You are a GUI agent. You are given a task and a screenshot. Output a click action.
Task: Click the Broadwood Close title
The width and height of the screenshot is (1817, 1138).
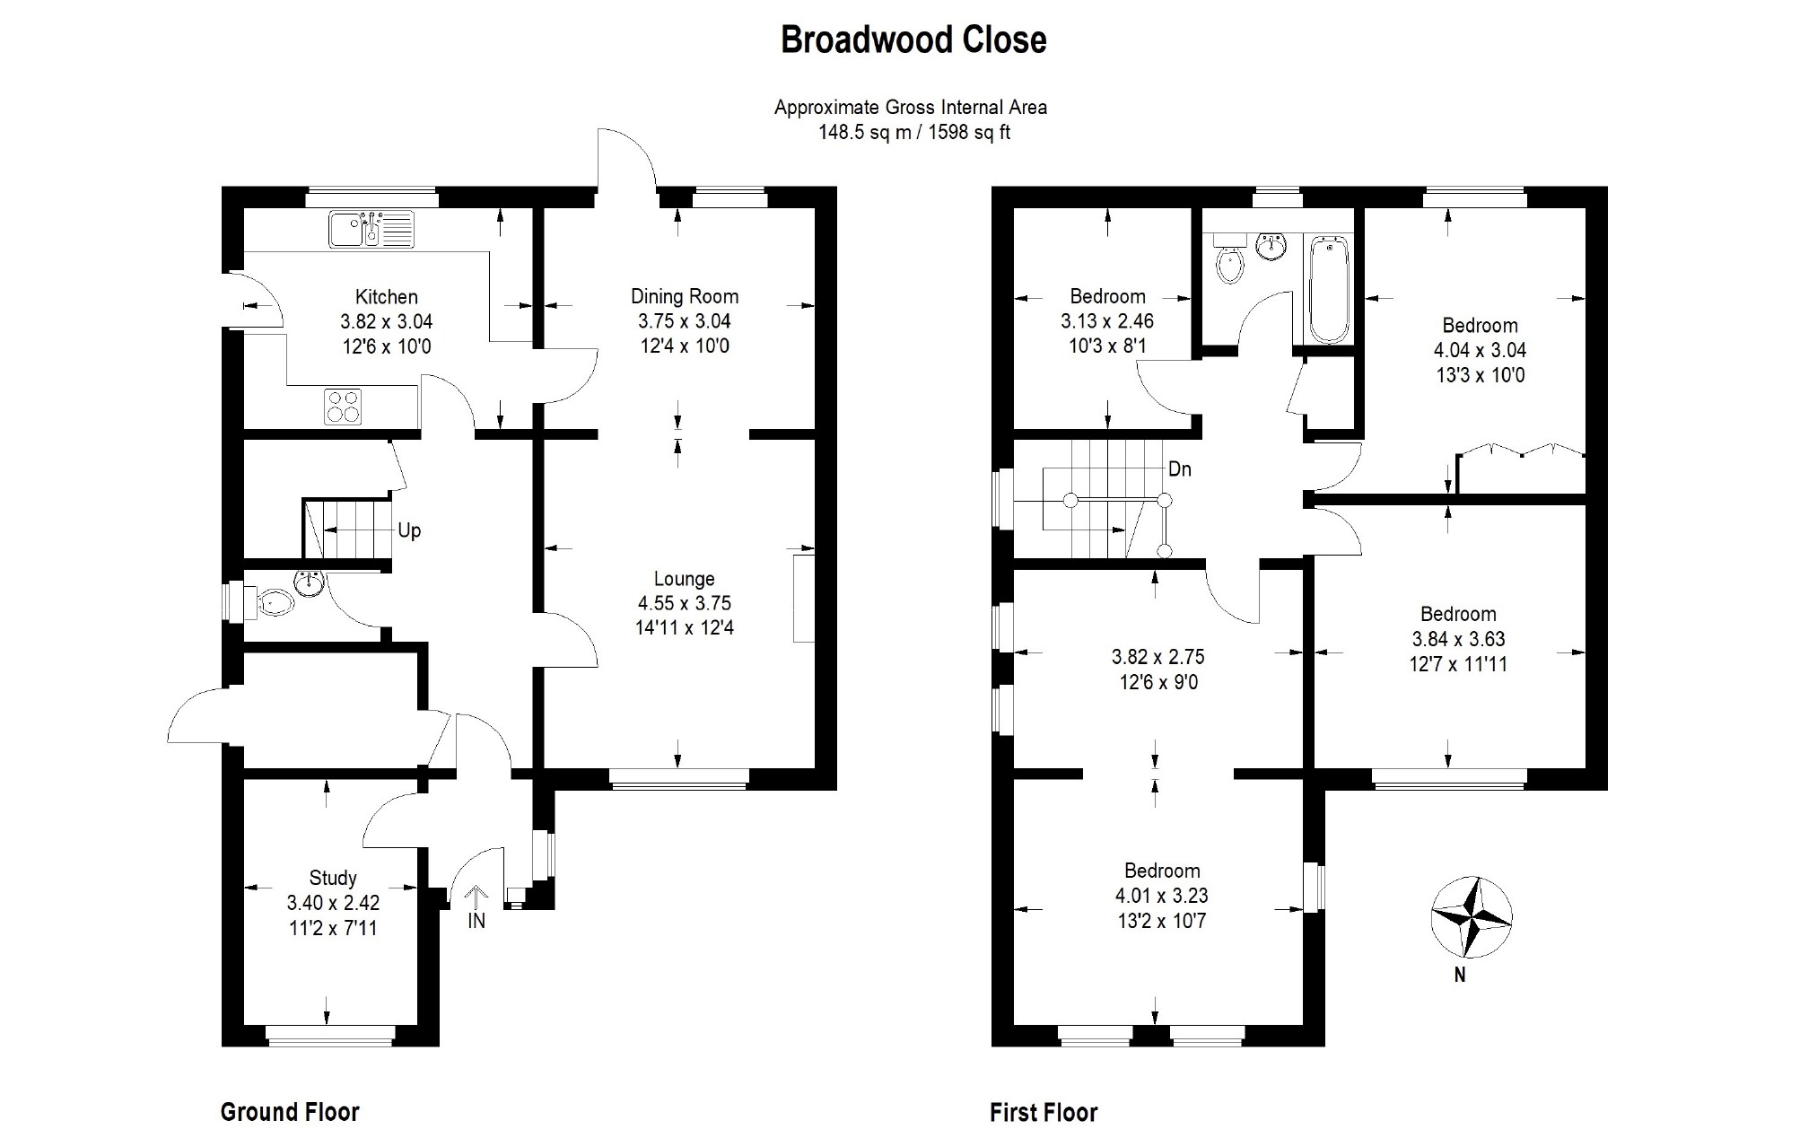pyautogui.click(x=913, y=40)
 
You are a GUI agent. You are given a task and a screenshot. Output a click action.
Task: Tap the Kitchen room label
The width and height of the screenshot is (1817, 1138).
pyautogui.click(x=386, y=297)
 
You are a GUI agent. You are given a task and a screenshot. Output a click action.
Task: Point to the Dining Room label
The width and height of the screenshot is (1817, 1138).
pyautogui.click(x=685, y=296)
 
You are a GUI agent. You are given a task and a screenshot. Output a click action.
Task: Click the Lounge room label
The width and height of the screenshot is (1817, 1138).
pyautogui.click(x=684, y=579)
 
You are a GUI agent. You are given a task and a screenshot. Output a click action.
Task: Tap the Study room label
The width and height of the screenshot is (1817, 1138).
pyautogui.click(x=333, y=878)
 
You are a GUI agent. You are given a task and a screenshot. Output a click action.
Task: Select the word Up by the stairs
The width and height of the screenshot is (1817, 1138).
pyautogui.click(x=409, y=530)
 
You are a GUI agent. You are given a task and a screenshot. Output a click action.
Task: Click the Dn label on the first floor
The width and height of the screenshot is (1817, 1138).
pyautogui.click(x=1180, y=469)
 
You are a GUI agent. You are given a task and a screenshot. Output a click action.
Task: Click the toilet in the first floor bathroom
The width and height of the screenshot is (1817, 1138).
pyautogui.click(x=1229, y=261)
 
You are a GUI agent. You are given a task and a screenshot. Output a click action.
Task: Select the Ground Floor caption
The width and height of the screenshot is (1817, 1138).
pyautogui.click(x=290, y=1112)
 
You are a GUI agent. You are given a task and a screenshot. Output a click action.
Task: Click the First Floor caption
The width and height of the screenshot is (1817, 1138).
pyautogui.click(x=1044, y=1113)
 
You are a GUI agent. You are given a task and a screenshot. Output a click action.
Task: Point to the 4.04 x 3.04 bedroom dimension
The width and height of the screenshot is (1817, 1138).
pyautogui.click(x=1480, y=350)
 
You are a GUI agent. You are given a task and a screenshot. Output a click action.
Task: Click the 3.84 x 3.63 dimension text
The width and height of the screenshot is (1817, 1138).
pyautogui.click(x=1458, y=639)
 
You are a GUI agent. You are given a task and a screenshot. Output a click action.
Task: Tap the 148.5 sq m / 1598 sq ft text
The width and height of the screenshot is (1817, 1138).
pyautogui.click(x=913, y=133)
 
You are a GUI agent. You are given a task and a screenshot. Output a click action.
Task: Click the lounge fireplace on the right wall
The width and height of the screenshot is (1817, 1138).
pyautogui.click(x=803, y=598)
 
